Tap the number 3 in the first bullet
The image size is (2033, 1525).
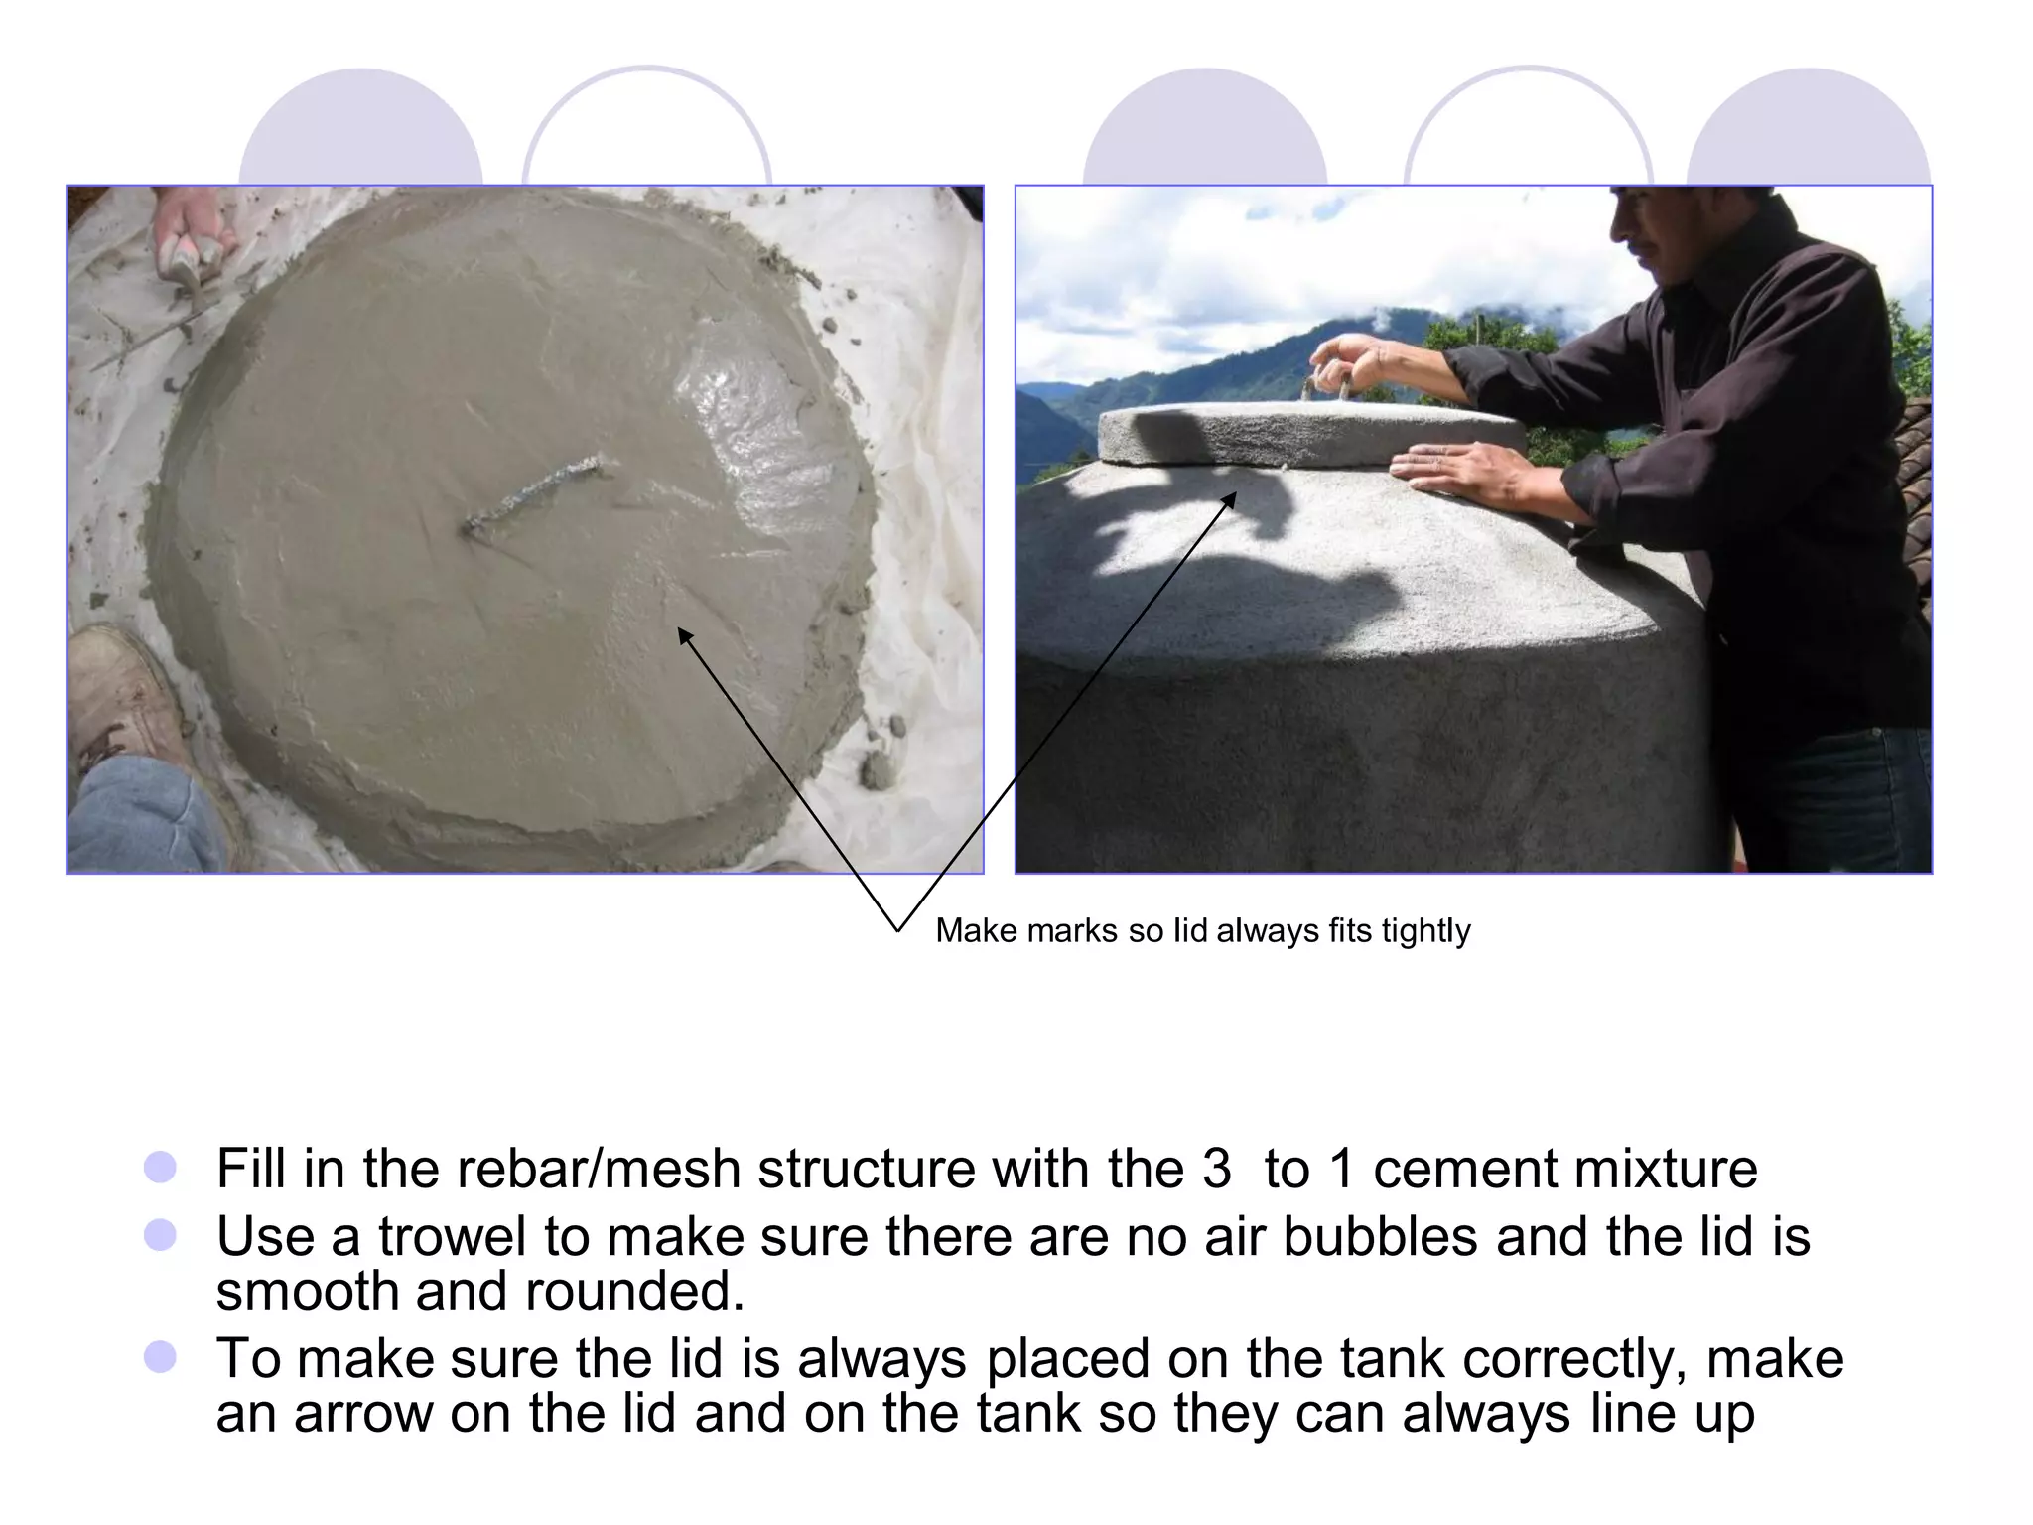click(1216, 1169)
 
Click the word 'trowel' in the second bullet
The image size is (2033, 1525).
click(453, 1237)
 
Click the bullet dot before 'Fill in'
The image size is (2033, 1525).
click(160, 1168)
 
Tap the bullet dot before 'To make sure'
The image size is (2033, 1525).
click(160, 1357)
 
